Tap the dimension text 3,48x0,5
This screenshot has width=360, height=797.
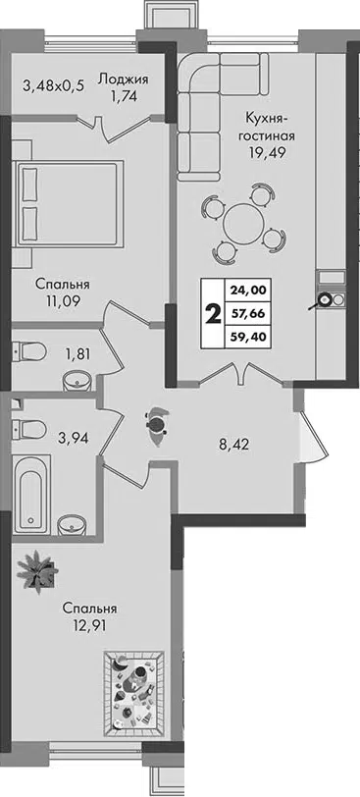click(x=53, y=85)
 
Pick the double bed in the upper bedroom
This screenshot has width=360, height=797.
click(x=68, y=204)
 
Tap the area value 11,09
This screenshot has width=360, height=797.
click(x=63, y=301)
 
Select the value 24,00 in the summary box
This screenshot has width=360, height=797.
click(x=248, y=291)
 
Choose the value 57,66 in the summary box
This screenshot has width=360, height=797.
click(x=248, y=314)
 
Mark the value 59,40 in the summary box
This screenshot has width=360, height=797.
click(x=248, y=337)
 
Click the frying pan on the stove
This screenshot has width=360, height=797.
click(x=321, y=301)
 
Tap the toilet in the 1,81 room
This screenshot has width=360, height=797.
click(x=28, y=350)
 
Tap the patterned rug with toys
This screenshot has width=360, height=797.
click(x=133, y=694)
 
